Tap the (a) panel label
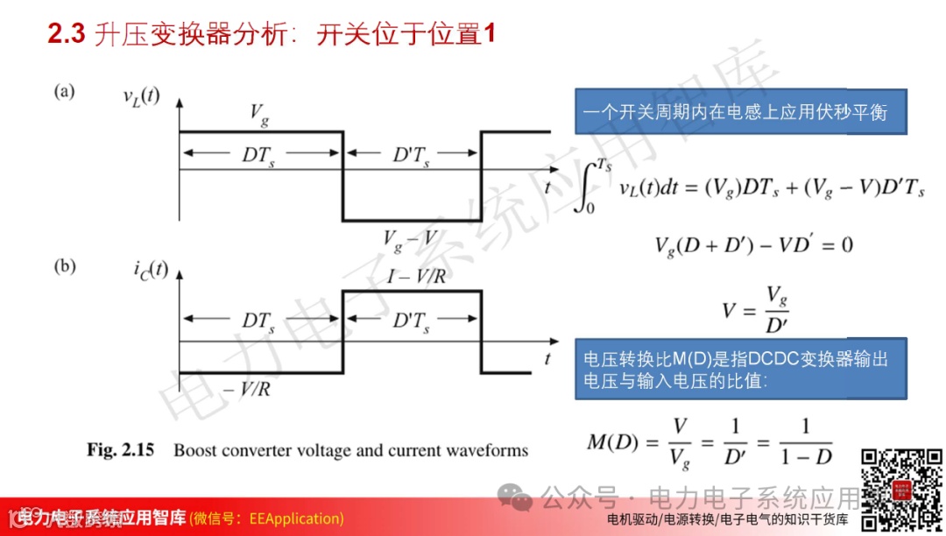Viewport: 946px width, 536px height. pos(65,91)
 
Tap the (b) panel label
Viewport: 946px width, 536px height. pos(65,266)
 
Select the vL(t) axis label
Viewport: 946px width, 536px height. pos(141,95)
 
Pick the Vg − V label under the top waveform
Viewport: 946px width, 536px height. pos(411,238)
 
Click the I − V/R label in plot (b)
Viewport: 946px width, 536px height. pos(417,277)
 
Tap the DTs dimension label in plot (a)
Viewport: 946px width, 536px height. pos(258,155)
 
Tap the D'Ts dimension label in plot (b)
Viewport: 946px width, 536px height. pos(411,321)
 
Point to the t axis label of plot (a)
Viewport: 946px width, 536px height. pos(547,187)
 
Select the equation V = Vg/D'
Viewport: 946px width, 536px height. pos(754,308)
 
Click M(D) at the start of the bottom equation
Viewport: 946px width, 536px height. pos(610,441)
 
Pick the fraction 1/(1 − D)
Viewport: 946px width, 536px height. pos(805,441)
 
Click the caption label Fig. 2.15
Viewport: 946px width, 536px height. pos(120,450)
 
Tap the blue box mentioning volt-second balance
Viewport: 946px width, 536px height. pos(740,112)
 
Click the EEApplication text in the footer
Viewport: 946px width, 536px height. pos(296,518)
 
